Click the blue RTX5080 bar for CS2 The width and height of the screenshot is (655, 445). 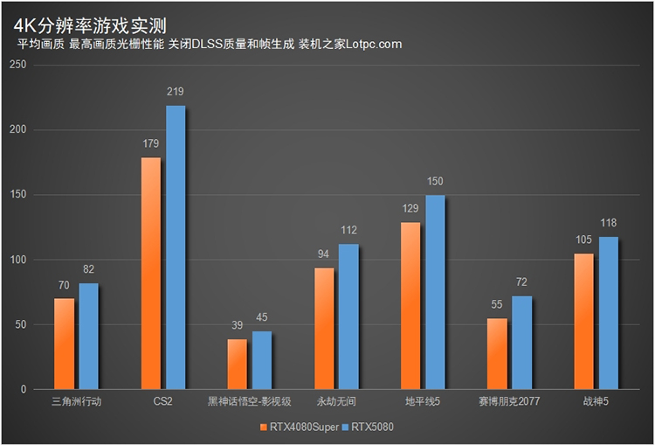[x=176, y=247]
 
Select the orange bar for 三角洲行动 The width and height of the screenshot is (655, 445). [x=64, y=344]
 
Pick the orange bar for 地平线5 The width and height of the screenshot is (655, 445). [x=410, y=306]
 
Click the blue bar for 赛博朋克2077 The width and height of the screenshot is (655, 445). [x=521, y=343]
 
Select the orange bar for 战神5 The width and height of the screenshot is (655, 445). [x=583, y=321]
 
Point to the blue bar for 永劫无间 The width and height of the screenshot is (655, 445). [x=348, y=316]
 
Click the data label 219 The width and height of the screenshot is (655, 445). [x=176, y=92]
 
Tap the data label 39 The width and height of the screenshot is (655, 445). [x=237, y=325]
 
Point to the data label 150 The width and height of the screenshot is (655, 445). [x=435, y=181]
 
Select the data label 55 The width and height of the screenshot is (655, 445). [x=497, y=305]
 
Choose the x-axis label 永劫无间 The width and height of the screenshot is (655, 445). [x=336, y=401]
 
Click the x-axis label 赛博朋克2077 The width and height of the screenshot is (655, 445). [x=509, y=401]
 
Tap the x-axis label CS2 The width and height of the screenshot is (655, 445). [x=163, y=401]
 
